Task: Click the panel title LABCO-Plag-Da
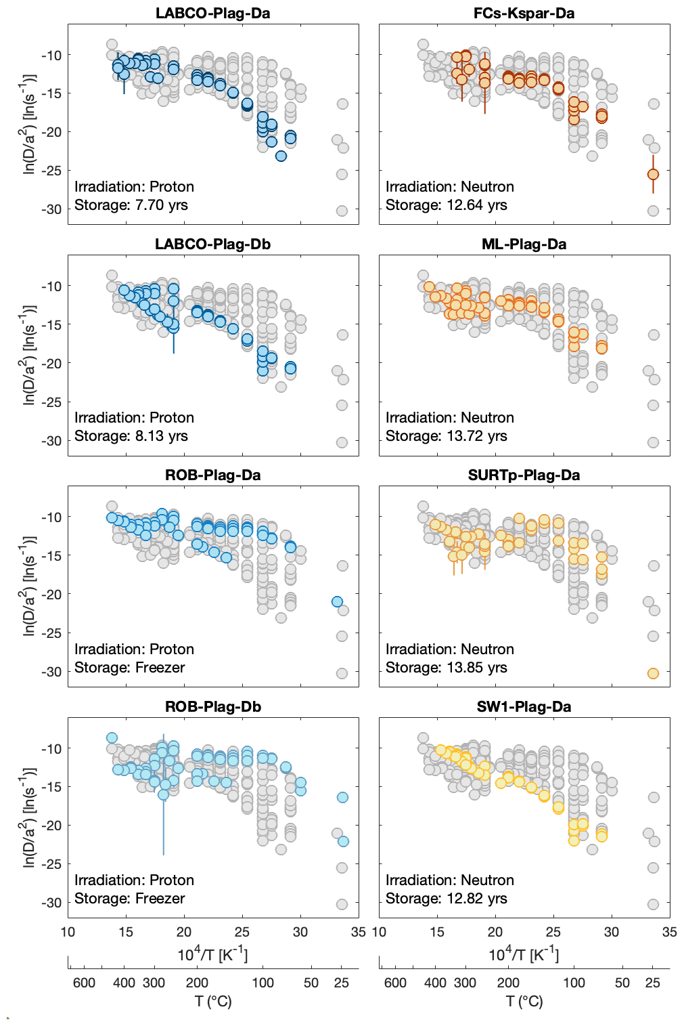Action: coord(212,13)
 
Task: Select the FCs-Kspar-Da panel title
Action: coord(524,13)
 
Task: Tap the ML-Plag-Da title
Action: coord(524,244)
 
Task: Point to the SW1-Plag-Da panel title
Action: coord(524,706)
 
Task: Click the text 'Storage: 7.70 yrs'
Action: coord(131,205)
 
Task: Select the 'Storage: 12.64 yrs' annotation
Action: coord(446,205)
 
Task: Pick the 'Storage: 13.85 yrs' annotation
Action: coord(446,668)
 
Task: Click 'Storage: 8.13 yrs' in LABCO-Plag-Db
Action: coord(131,436)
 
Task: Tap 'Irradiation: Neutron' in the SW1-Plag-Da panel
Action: coord(449,880)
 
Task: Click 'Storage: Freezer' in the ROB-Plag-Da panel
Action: coord(129,668)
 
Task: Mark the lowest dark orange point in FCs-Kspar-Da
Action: coord(653,174)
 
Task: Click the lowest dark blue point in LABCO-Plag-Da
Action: coord(281,156)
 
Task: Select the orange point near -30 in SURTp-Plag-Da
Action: coord(653,673)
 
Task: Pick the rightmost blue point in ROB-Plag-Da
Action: coord(337,601)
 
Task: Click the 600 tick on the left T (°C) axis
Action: coord(84,983)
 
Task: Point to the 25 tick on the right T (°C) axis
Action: coord(652,983)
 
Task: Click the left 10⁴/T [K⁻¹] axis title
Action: coord(212,955)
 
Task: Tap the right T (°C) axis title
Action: coord(524,1001)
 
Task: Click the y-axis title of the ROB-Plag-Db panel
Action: coord(28,817)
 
